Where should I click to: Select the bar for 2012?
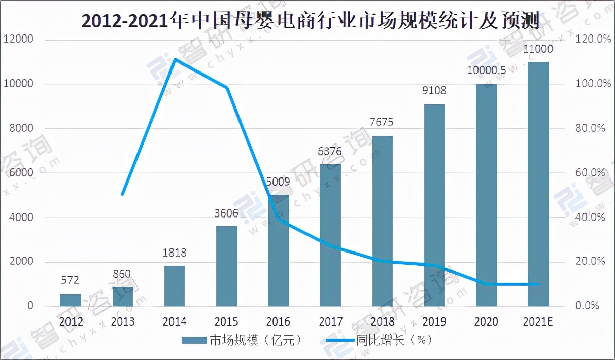point(70,300)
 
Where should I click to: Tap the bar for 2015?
point(226,266)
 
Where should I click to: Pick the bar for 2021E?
point(538,184)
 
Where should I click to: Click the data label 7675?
point(382,122)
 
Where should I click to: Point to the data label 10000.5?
point(486,70)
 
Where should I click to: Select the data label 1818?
point(175,252)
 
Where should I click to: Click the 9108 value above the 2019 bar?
point(434,91)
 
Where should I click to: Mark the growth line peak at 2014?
point(175,59)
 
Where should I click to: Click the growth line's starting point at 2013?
point(122,194)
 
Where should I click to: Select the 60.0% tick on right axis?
point(593,173)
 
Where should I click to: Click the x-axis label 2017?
point(330,322)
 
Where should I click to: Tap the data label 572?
point(70,280)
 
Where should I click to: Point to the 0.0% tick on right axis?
point(589,306)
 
